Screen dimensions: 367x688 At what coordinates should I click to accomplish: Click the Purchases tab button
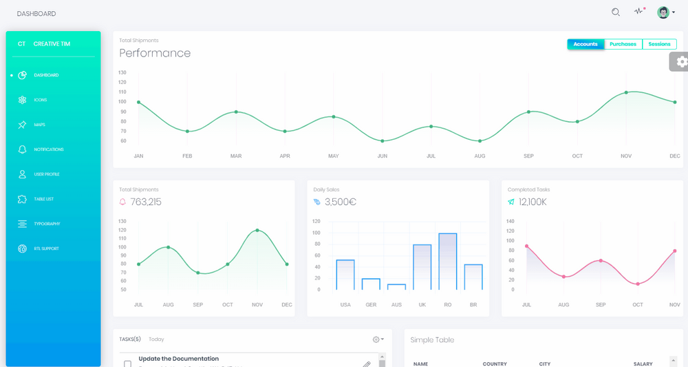tap(623, 44)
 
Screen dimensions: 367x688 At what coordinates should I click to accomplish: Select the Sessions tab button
tap(659, 44)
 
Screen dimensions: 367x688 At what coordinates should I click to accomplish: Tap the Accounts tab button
tap(585, 44)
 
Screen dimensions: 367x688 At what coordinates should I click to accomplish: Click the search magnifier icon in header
tap(616, 12)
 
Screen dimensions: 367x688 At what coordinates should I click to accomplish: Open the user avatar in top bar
tap(663, 12)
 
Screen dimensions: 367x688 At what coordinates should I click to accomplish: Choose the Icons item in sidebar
tap(40, 100)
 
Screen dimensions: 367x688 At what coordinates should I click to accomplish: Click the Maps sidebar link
tap(39, 125)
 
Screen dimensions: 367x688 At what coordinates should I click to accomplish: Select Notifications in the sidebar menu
tap(48, 149)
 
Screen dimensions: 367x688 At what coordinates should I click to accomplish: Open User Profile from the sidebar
tap(46, 174)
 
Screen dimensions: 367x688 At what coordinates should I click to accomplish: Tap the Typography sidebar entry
tap(47, 224)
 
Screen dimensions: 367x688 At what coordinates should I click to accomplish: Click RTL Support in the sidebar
tap(46, 249)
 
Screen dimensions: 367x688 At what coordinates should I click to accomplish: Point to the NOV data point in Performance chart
tap(626, 92)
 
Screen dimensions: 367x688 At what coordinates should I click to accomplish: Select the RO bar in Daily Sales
tap(448, 262)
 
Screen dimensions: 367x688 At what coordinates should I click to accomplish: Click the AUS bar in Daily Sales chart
tap(396, 286)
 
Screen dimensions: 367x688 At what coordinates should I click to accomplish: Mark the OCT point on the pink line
tap(638, 284)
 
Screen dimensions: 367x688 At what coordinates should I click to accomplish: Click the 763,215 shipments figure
tap(145, 202)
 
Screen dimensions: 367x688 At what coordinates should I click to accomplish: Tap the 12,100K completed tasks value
tap(533, 202)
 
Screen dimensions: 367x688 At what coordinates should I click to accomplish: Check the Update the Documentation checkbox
tap(127, 364)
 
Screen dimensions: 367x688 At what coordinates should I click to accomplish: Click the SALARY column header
tap(643, 364)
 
